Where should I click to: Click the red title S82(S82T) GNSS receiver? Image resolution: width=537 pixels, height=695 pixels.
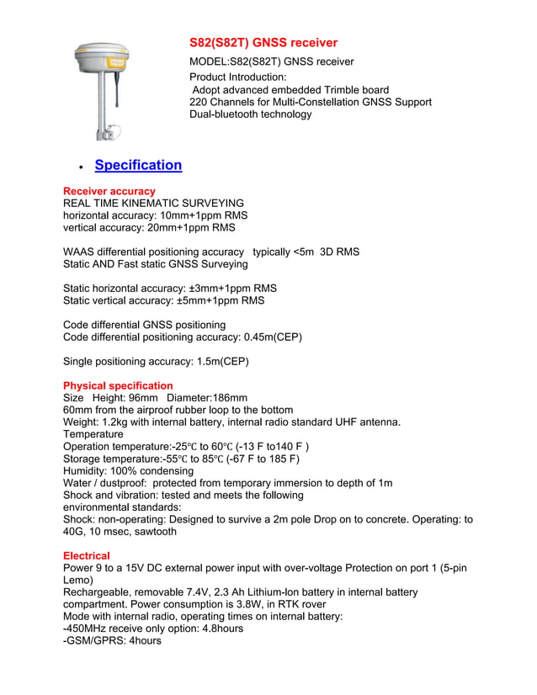263,43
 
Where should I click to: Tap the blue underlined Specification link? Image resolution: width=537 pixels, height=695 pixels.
138,165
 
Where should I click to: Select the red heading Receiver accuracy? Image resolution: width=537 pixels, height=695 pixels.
109,192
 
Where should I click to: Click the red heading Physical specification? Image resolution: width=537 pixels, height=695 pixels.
118,386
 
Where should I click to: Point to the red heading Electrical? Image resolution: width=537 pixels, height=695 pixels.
87,556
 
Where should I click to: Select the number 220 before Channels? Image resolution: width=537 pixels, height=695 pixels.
199,102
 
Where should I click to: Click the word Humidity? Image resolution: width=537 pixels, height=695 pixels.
87,471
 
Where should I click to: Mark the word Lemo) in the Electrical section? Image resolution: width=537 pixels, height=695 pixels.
78,581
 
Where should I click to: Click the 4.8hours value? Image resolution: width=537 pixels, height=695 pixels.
215,629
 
